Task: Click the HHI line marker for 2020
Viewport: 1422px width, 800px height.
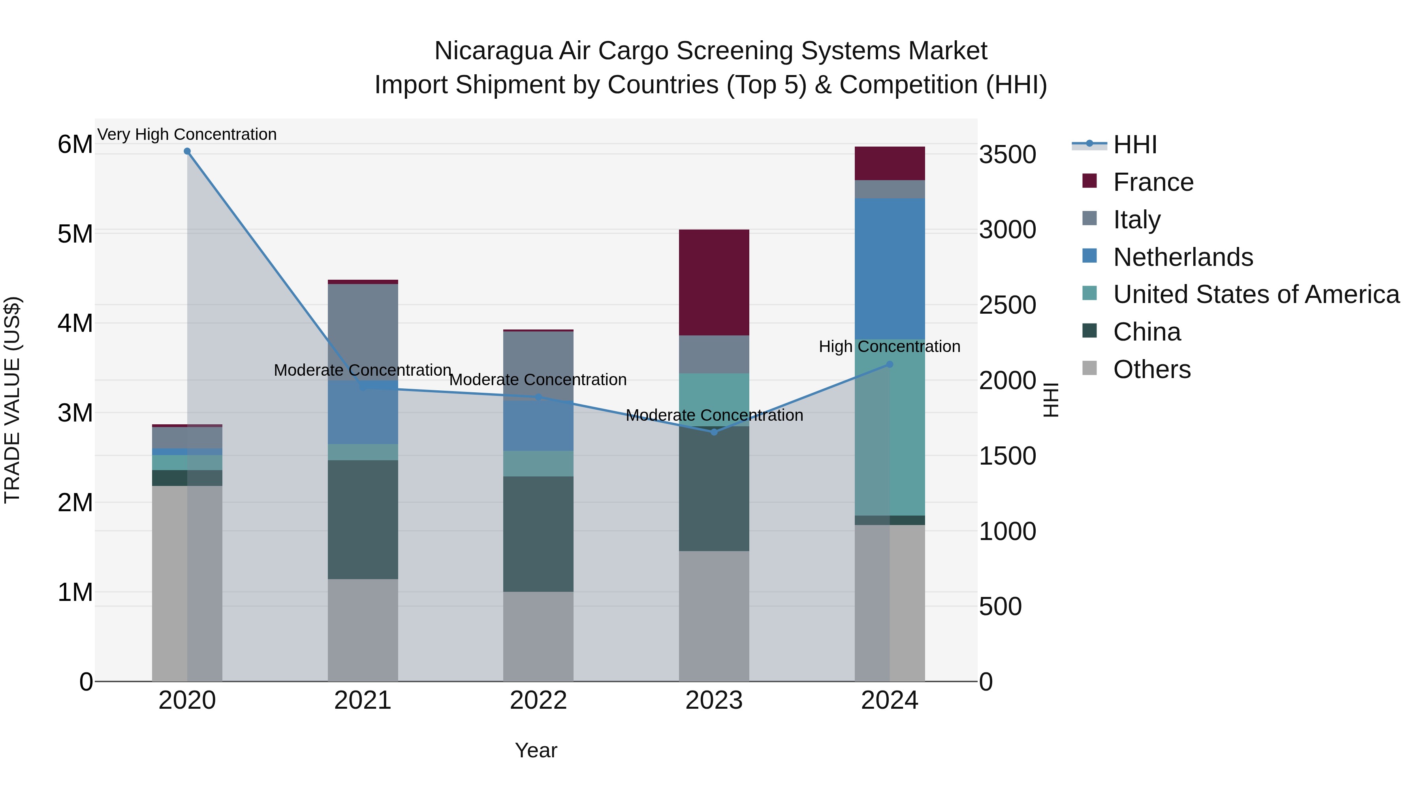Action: coord(187,151)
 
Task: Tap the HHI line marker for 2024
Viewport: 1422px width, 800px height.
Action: coord(889,364)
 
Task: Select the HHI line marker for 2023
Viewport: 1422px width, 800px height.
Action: coord(714,432)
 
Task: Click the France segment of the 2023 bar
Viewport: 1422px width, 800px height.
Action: coord(714,282)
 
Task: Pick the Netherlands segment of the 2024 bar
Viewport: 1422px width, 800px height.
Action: coord(889,269)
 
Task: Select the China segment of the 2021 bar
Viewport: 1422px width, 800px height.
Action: coord(363,520)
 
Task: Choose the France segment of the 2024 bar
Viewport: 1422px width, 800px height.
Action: coord(889,164)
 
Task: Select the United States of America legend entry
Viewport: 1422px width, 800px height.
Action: coord(1256,294)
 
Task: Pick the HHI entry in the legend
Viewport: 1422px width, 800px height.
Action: coord(1134,145)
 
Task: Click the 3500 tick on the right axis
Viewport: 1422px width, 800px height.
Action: coord(1007,154)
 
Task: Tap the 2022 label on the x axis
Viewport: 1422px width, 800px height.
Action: coord(538,700)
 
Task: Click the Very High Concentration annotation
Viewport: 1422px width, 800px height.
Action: coord(187,134)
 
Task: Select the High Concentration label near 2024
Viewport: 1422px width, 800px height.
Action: coord(889,347)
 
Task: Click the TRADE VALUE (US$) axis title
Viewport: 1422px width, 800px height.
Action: coord(12,400)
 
